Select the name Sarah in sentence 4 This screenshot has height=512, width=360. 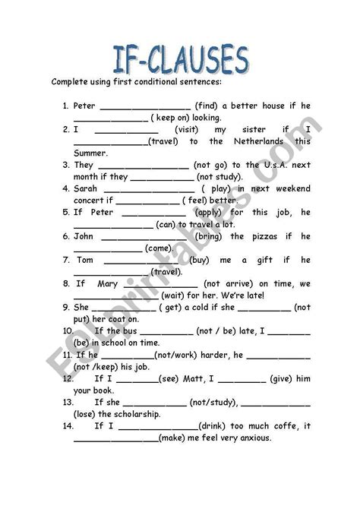pos(86,188)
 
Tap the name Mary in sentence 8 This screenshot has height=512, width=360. pos(109,283)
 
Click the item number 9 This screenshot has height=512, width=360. pos(65,307)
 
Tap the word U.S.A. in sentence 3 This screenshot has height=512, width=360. pos(263,165)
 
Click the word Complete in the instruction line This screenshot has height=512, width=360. pos(71,81)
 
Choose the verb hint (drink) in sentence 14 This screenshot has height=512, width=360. pos(214,426)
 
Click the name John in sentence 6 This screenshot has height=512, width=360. pos(84,236)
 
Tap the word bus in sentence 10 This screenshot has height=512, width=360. pos(129,331)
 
